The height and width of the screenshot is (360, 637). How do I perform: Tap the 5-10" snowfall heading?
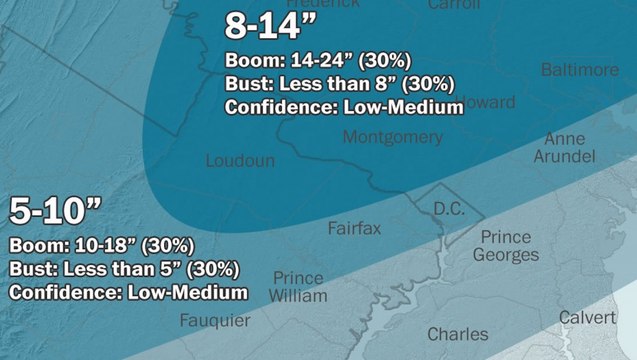(55, 212)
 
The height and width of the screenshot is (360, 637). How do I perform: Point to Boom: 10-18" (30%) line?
(101, 246)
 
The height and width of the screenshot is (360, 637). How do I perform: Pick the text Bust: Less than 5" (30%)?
(124, 269)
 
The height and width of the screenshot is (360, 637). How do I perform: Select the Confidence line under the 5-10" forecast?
(128, 292)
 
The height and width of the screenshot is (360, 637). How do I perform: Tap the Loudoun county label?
(239, 161)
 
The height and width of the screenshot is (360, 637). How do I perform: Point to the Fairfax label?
(354, 229)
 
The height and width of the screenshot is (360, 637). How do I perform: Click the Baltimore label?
(579, 70)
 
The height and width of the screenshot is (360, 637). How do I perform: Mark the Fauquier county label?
(215, 320)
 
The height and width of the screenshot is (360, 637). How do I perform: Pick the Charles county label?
(458, 334)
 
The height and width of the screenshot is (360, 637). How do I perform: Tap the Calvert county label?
(587, 317)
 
